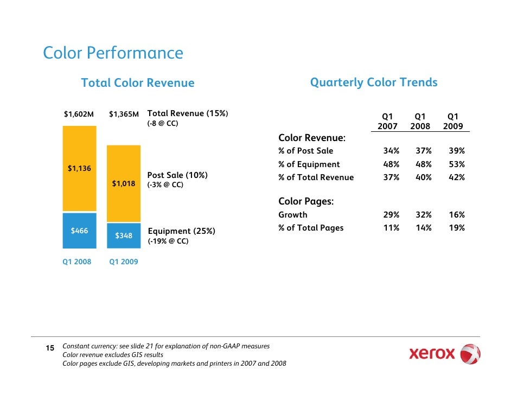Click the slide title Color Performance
113,53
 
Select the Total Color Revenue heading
137,83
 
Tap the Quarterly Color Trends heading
373,82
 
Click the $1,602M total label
79,114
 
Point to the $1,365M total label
124,114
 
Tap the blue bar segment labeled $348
124,235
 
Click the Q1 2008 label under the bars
76,262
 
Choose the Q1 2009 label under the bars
124,262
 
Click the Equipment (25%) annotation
181,231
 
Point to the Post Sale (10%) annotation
177,176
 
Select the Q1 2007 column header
387,121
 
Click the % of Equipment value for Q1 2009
457,164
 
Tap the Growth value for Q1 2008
423,215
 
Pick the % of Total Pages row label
311,228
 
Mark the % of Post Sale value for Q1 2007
391,151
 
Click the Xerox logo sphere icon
470,355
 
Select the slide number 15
49,348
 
